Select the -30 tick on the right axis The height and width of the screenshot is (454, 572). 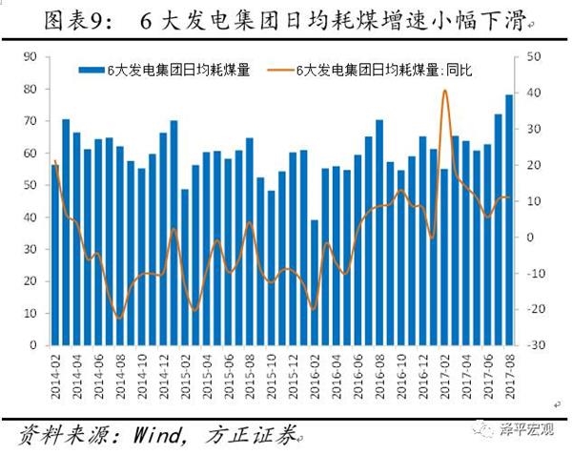pyautogui.click(x=533, y=345)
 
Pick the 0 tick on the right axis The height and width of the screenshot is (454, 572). pyautogui.click(x=530, y=237)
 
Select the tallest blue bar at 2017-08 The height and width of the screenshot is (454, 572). pyautogui.click(x=509, y=219)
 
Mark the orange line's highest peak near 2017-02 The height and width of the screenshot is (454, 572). pyautogui.click(x=445, y=91)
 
